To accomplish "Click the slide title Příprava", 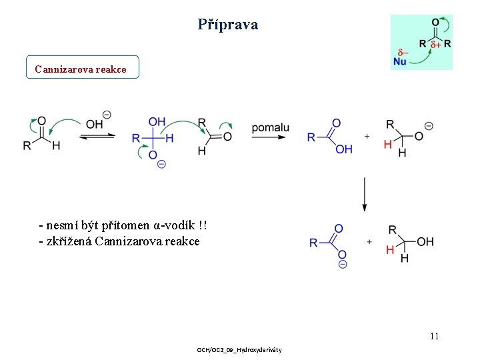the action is point(228,25).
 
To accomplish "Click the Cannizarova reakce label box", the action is point(82,68).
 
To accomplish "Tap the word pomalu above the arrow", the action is point(270,127).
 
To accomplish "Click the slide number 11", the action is point(434,336).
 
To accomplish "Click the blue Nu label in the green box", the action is point(400,61).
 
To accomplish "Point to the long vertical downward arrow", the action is point(364,194).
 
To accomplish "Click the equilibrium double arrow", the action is point(97,136).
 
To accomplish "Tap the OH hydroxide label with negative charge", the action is point(95,124).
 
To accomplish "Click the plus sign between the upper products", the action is point(367,136).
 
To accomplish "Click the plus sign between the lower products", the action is point(369,241).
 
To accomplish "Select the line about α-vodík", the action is point(127,227).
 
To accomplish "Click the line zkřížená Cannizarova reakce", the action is point(119,241).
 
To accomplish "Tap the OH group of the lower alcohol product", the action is point(425,241).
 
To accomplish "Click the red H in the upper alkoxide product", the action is point(388,144).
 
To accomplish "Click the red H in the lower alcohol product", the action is point(390,250).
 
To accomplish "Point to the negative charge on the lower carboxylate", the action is point(342,265).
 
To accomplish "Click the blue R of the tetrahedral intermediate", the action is point(136,138).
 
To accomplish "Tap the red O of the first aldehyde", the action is point(42,122).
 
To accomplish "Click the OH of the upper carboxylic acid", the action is point(344,149).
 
